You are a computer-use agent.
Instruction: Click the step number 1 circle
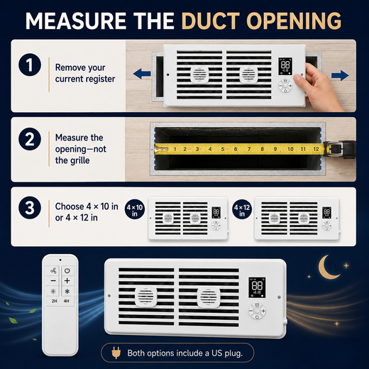pos(30,65)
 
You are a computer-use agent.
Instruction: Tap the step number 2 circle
pos(30,139)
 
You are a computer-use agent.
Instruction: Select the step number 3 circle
pos(30,208)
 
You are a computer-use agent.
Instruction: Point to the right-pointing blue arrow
pos(340,75)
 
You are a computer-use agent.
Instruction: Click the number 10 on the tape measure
pos(290,149)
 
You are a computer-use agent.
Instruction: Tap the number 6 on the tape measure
pos(236,149)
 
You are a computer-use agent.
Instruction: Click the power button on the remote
pos(67,270)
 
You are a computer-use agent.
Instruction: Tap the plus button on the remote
pos(67,281)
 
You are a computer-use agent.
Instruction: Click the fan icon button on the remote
pos(53,270)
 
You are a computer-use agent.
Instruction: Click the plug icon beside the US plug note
pos(116,353)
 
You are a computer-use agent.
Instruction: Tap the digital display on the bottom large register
pos(257,287)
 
